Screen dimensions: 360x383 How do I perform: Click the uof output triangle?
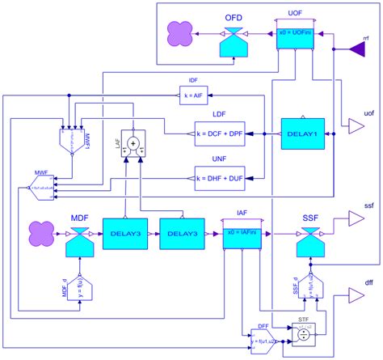coord(356,124)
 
